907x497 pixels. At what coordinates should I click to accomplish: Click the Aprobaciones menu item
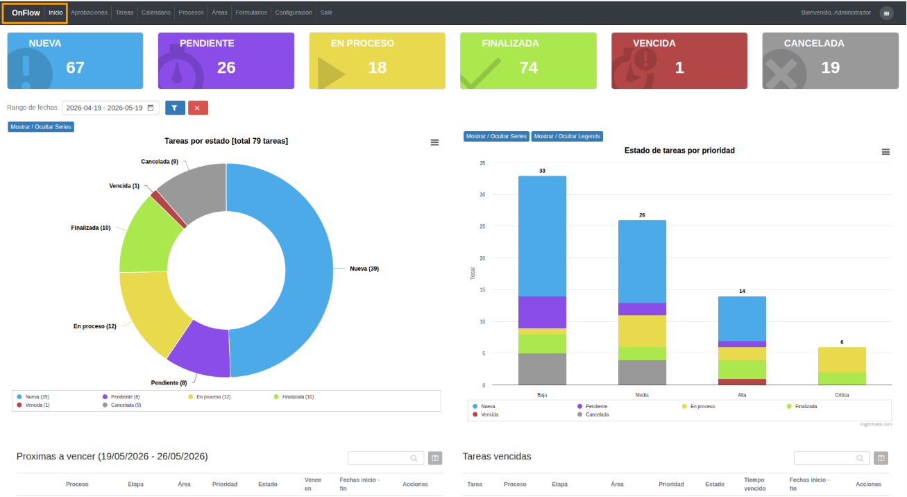click(x=89, y=12)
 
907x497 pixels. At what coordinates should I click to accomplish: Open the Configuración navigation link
click(x=294, y=12)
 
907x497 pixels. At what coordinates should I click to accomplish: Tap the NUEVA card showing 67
click(x=76, y=61)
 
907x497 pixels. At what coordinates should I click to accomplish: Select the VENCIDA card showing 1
click(x=679, y=61)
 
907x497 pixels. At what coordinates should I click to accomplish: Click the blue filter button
click(x=175, y=108)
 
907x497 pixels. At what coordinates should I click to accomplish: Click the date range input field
click(x=110, y=108)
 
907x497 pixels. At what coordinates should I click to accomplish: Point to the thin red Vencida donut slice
click(x=169, y=210)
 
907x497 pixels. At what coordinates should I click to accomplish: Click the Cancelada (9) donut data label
click(x=160, y=162)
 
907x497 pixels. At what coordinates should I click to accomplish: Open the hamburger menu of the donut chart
click(x=434, y=142)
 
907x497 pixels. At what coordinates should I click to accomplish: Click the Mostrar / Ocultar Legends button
click(x=567, y=137)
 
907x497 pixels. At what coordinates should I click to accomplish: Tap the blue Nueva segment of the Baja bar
click(x=542, y=236)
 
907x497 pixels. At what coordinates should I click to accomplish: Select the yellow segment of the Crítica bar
click(x=842, y=360)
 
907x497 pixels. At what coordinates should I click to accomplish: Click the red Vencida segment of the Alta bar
click(x=742, y=382)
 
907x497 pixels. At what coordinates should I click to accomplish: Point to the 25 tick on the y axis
click(x=482, y=226)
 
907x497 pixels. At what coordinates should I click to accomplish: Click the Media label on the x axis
click(x=642, y=395)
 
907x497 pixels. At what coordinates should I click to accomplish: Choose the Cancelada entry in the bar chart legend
click(x=593, y=415)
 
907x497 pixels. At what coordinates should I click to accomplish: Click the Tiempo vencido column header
click(x=754, y=484)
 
